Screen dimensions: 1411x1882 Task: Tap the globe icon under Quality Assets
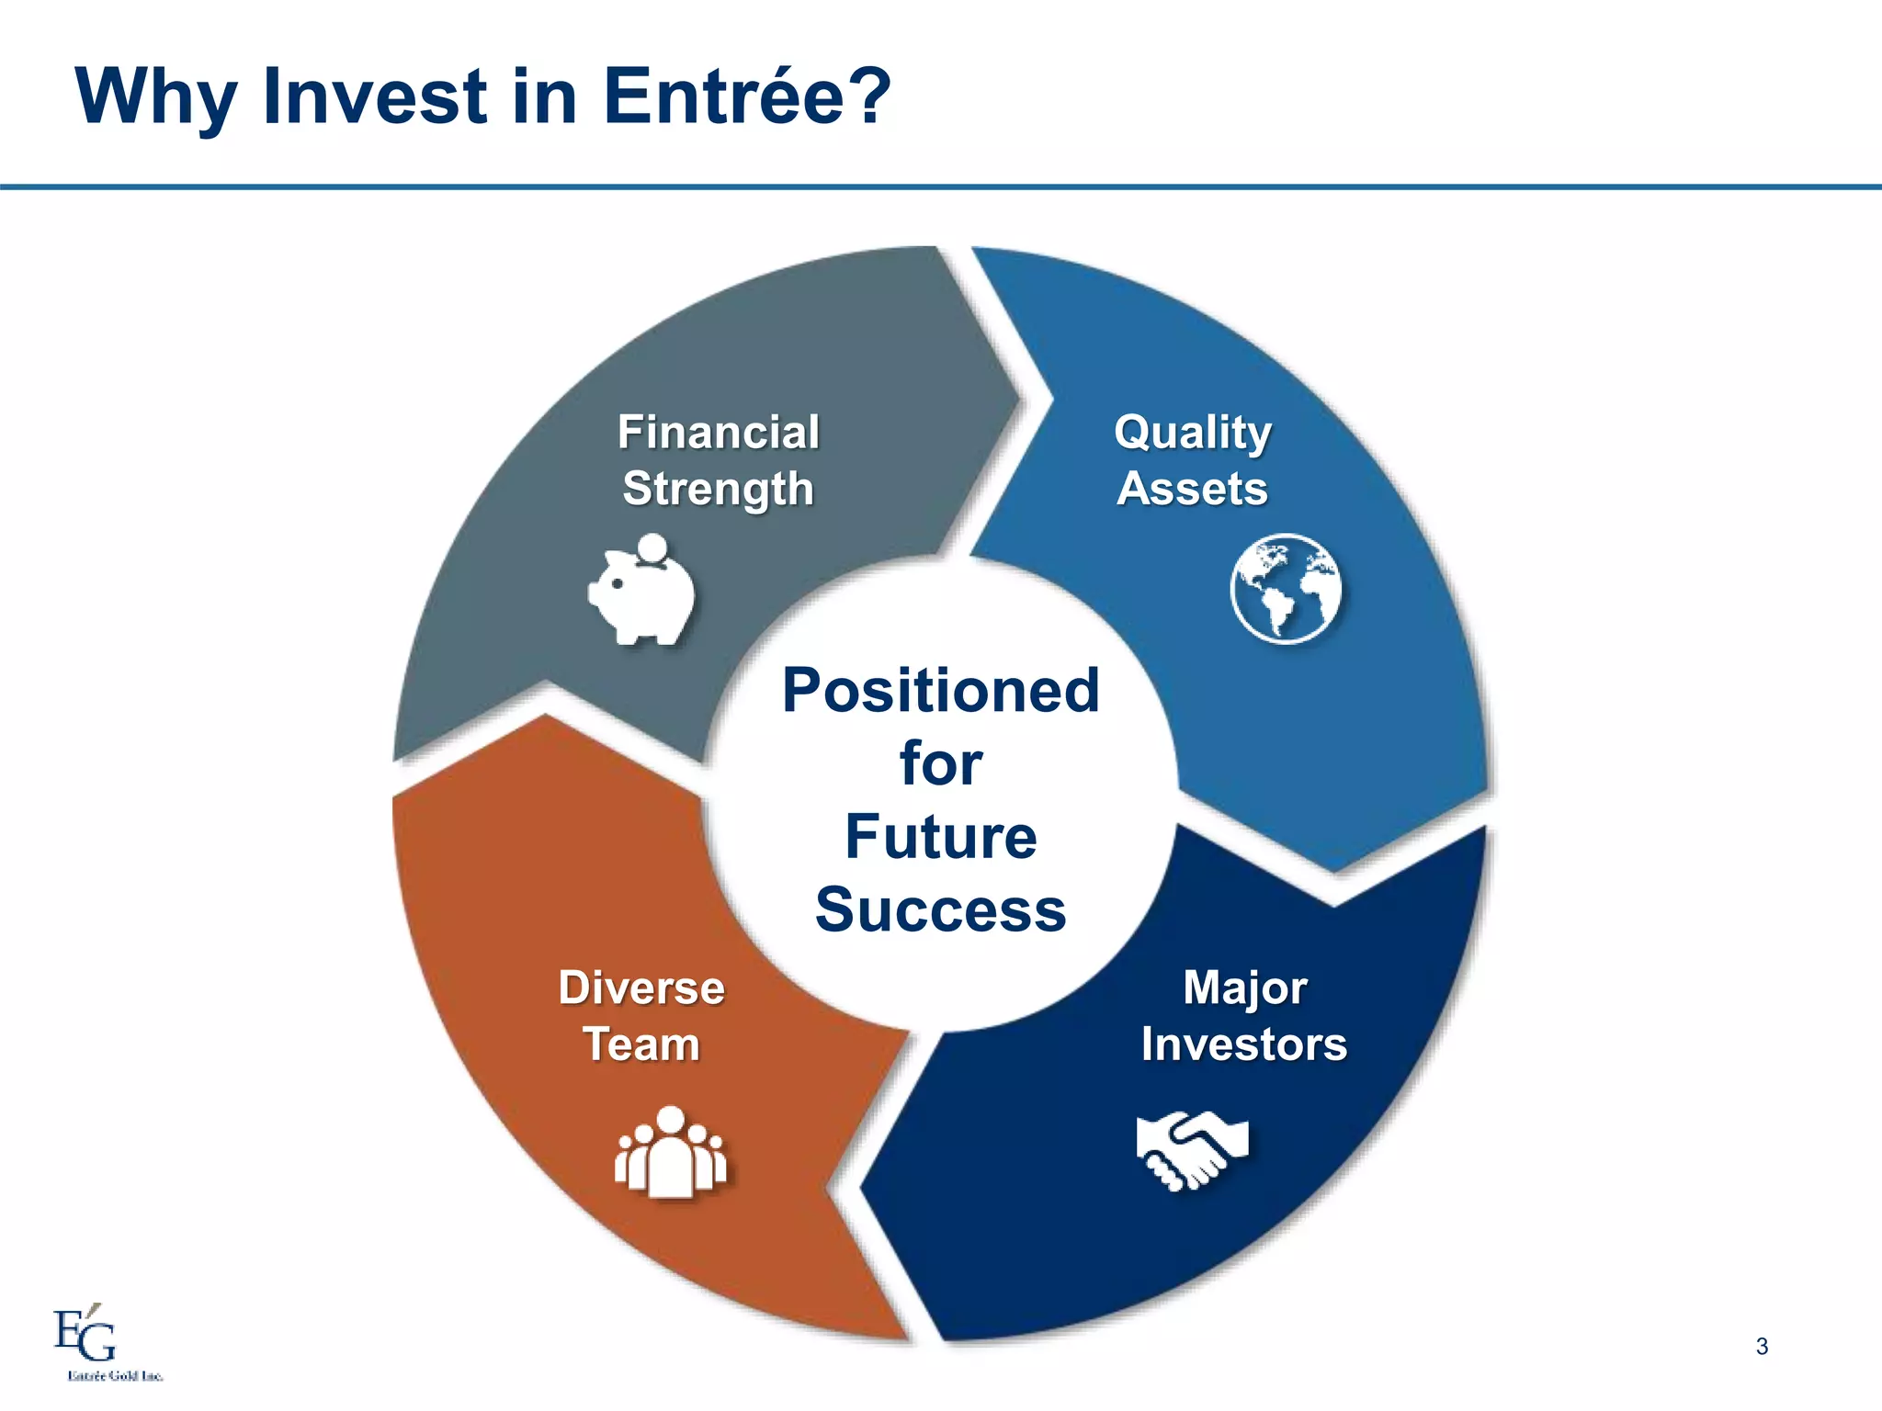1285,588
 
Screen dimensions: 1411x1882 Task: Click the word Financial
718,432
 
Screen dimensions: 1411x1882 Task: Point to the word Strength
718,489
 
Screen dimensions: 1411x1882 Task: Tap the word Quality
1193,432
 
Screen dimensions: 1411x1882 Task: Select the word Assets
1192,488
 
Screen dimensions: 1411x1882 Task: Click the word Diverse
641,988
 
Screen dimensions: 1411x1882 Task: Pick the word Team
641,1044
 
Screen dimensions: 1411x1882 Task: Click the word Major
1244,988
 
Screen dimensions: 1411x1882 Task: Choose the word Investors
1243,1044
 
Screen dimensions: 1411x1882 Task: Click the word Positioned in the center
940,690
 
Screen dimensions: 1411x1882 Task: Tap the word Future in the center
940,837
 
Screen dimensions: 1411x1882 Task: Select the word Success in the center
940,909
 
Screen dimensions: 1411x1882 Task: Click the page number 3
1762,1347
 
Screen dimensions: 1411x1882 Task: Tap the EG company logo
85,1335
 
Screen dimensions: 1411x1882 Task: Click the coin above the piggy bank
652,547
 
